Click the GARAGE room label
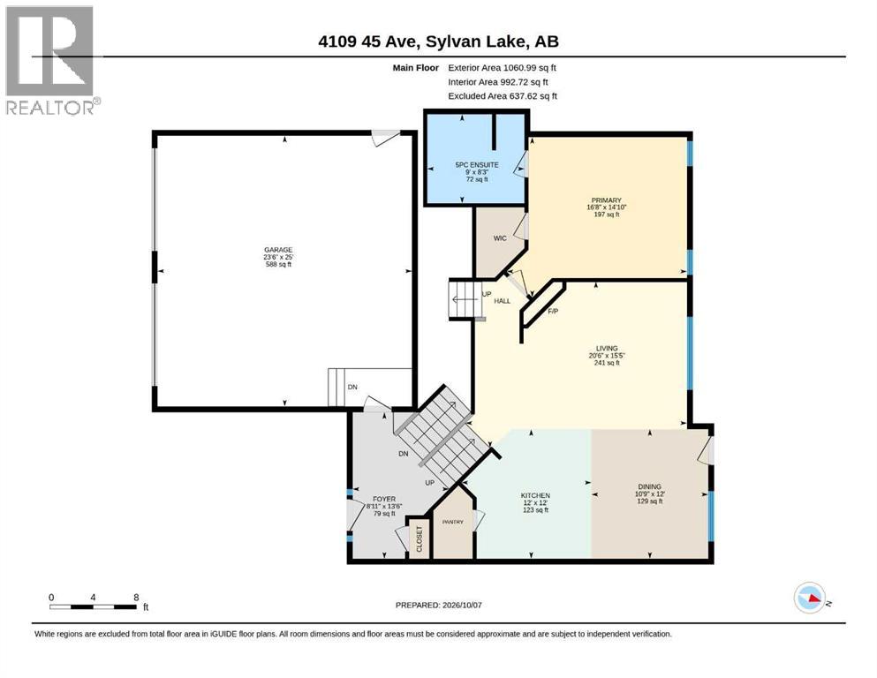278,250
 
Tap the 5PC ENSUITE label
477,165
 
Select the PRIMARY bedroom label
606,200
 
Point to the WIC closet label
500,238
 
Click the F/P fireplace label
553,311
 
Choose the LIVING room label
606,348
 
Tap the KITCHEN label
535,495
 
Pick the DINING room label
649,486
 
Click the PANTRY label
453,522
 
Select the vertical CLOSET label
420,539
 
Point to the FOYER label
384,499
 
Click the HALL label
503,301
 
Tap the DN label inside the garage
352,387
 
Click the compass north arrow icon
811,598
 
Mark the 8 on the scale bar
136,597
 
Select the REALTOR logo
53,60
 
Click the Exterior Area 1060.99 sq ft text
502,68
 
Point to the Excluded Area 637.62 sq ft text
503,96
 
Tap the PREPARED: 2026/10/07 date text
438,605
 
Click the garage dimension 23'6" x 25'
278,257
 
